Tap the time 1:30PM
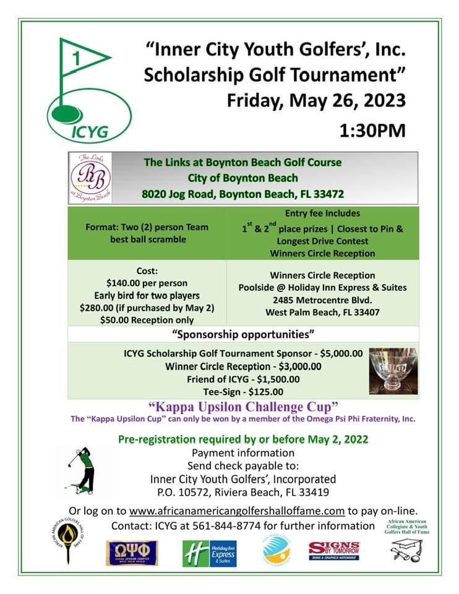click(x=372, y=131)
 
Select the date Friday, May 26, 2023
click(x=316, y=100)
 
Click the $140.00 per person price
click(x=147, y=283)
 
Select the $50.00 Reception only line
click(x=147, y=320)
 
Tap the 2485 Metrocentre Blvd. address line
click(x=322, y=299)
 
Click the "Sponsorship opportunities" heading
click(x=243, y=335)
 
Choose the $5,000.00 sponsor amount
click(x=338, y=353)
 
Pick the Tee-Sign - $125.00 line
click(x=243, y=391)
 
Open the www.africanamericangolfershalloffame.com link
click(x=236, y=510)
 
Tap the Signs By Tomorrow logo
click(x=334, y=551)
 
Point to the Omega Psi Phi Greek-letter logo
click(x=132, y=553)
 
